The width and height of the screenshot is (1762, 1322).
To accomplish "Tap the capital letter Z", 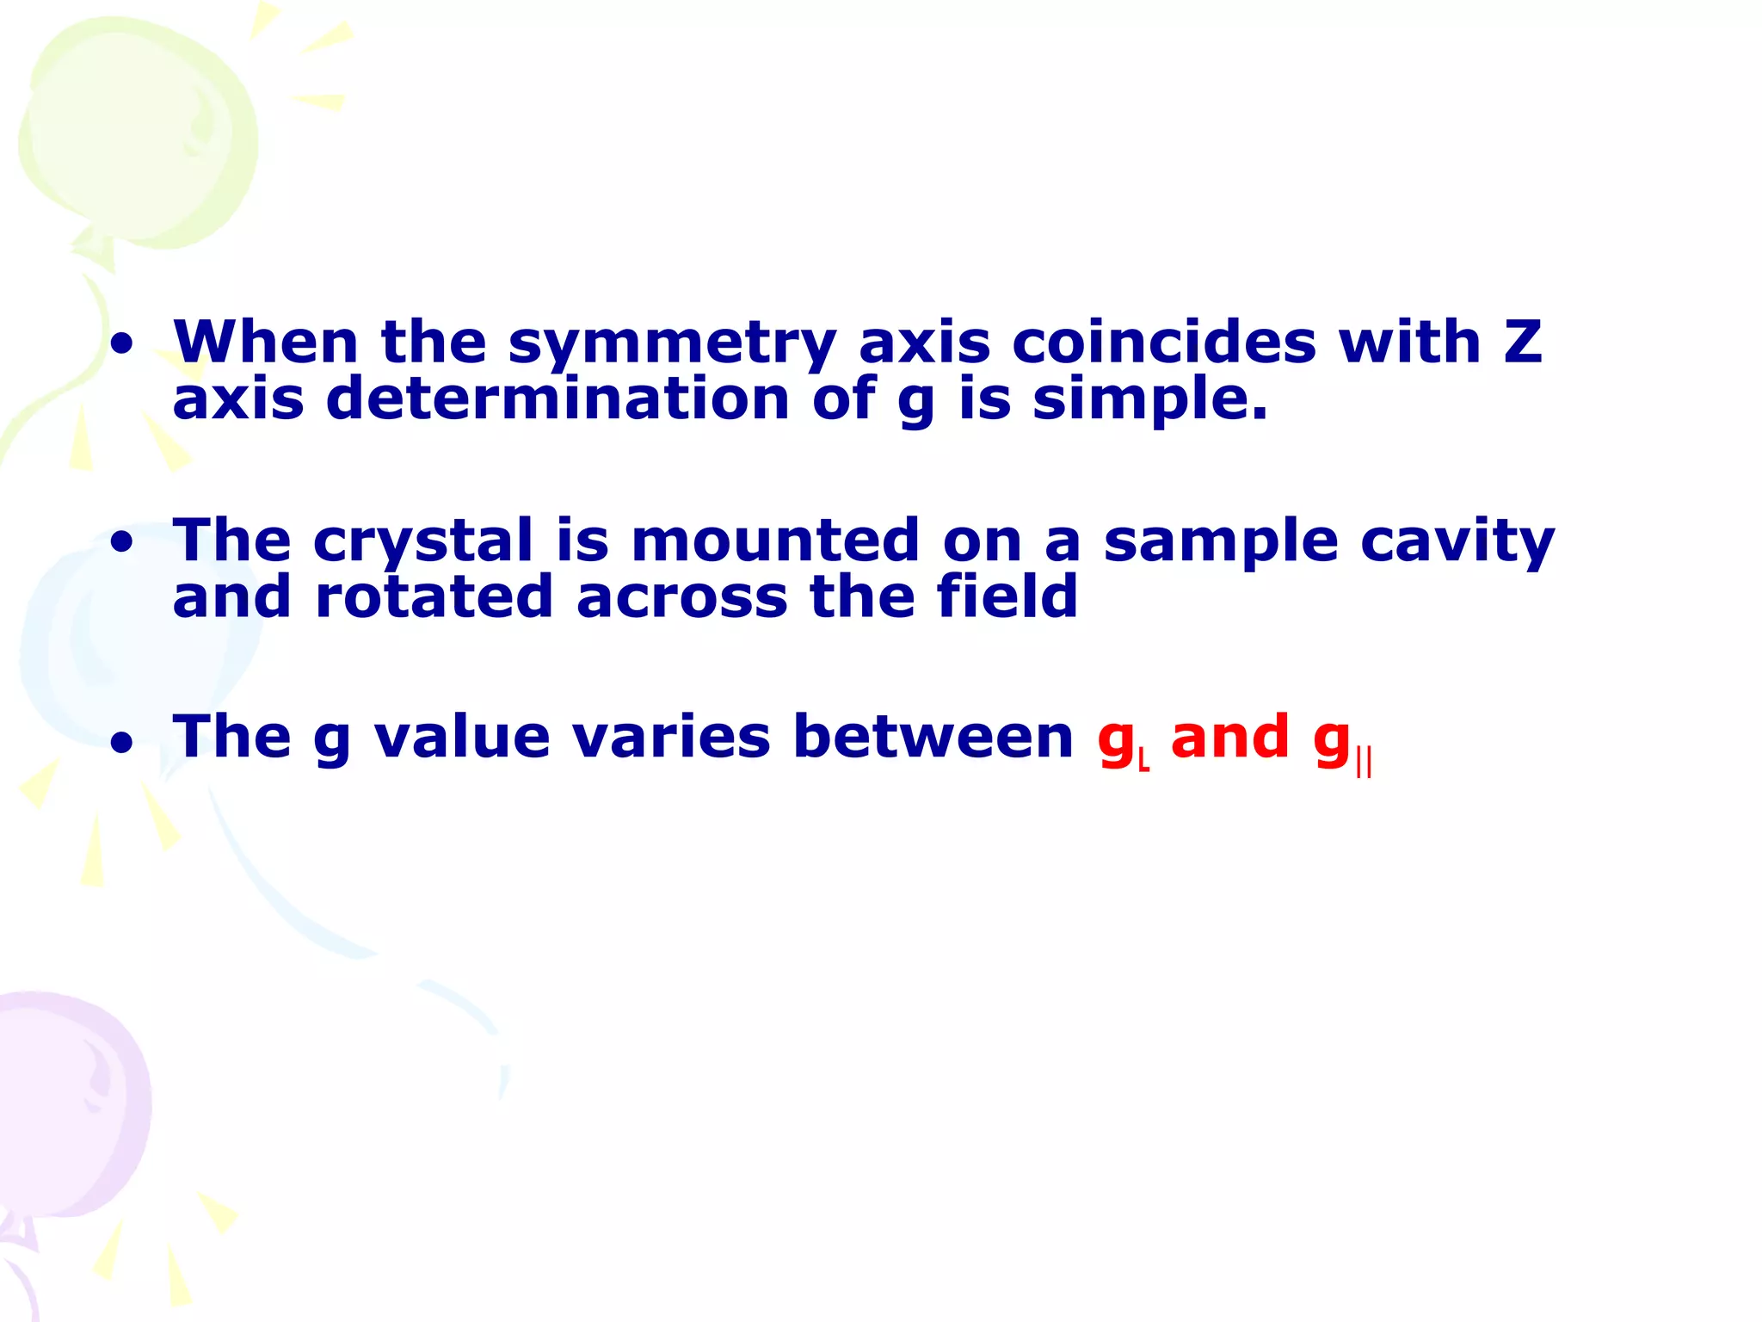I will click(x=1522, y=342).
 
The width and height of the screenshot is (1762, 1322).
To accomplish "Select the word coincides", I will click(x=1163, y=342).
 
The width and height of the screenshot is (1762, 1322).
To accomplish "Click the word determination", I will click(x=557, y=398).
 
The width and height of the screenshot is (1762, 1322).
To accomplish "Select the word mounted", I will click(x=775, y=541).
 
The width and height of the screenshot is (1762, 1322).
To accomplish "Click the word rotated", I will click(x=434, y=596).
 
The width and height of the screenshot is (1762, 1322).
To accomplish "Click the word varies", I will click(x=671, y=737).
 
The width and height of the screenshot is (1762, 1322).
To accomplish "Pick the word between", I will click(x=933, y=737).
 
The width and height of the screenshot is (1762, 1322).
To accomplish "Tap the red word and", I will click(x=1230, y=737).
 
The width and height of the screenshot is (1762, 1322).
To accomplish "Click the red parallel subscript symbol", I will click(x=1364, y=763).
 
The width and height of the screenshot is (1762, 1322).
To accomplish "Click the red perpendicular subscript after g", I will click(x=1144, y=761).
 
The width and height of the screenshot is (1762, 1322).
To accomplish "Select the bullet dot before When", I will click(x=122, y=345).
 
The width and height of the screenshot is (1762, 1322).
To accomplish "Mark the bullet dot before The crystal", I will click(x=122, y=543).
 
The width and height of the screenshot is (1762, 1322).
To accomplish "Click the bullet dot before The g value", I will click(x=122, y=741).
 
